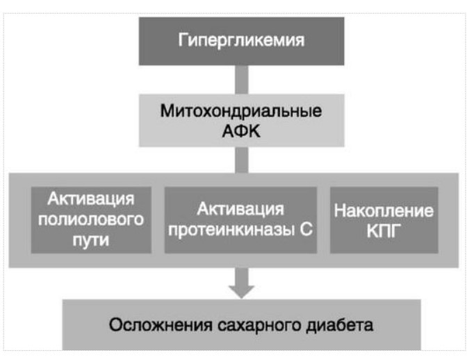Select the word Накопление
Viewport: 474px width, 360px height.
(x=384, y=210)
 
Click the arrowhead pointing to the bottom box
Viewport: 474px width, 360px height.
(x=241, y=286)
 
